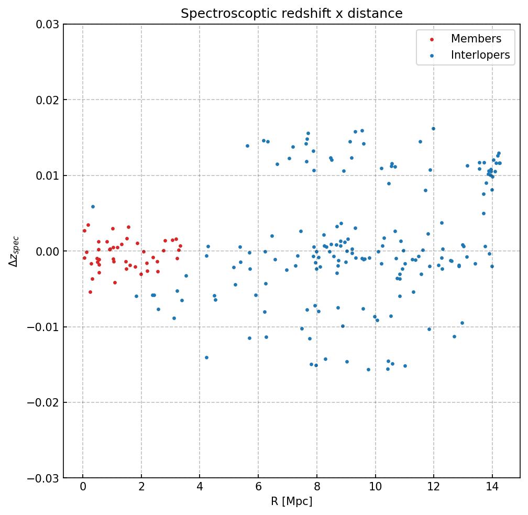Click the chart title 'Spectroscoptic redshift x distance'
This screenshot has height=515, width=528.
pyautogui.click(x=291, y=14)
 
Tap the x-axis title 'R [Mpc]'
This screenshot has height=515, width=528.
pyautogui.click(x=291, y=501)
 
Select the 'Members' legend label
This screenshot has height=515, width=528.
pyautogui.click(x=476, y=39)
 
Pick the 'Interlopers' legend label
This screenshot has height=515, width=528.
pyautogui.click(x=480, y=55)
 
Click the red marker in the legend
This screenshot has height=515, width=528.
pyautogui.click(x=431, y=39)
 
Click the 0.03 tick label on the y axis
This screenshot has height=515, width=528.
pyautogui.click(x=48, y=25)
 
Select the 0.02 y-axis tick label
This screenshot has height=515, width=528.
pyautogui.click(x=48, y=100)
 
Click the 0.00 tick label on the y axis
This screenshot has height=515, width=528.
pyautogui.click(x=48, y=251)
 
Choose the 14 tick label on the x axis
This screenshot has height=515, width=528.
pyautogui.click(x=492, y=487)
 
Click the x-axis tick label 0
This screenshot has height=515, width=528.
pyautogui.click(x=83, y=487)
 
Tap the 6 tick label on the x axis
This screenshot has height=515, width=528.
pyautogui.click(x=258, y=487)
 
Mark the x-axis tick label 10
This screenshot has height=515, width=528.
pyautogui.click(x=375, y=487)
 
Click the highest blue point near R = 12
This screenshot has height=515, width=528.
pyautogui.click(x=433, y=128)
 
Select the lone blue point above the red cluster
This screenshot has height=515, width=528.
pyautogui.click(x=93, y=206)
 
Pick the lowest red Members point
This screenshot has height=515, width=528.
pyautogui.click(x=90, y=292)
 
